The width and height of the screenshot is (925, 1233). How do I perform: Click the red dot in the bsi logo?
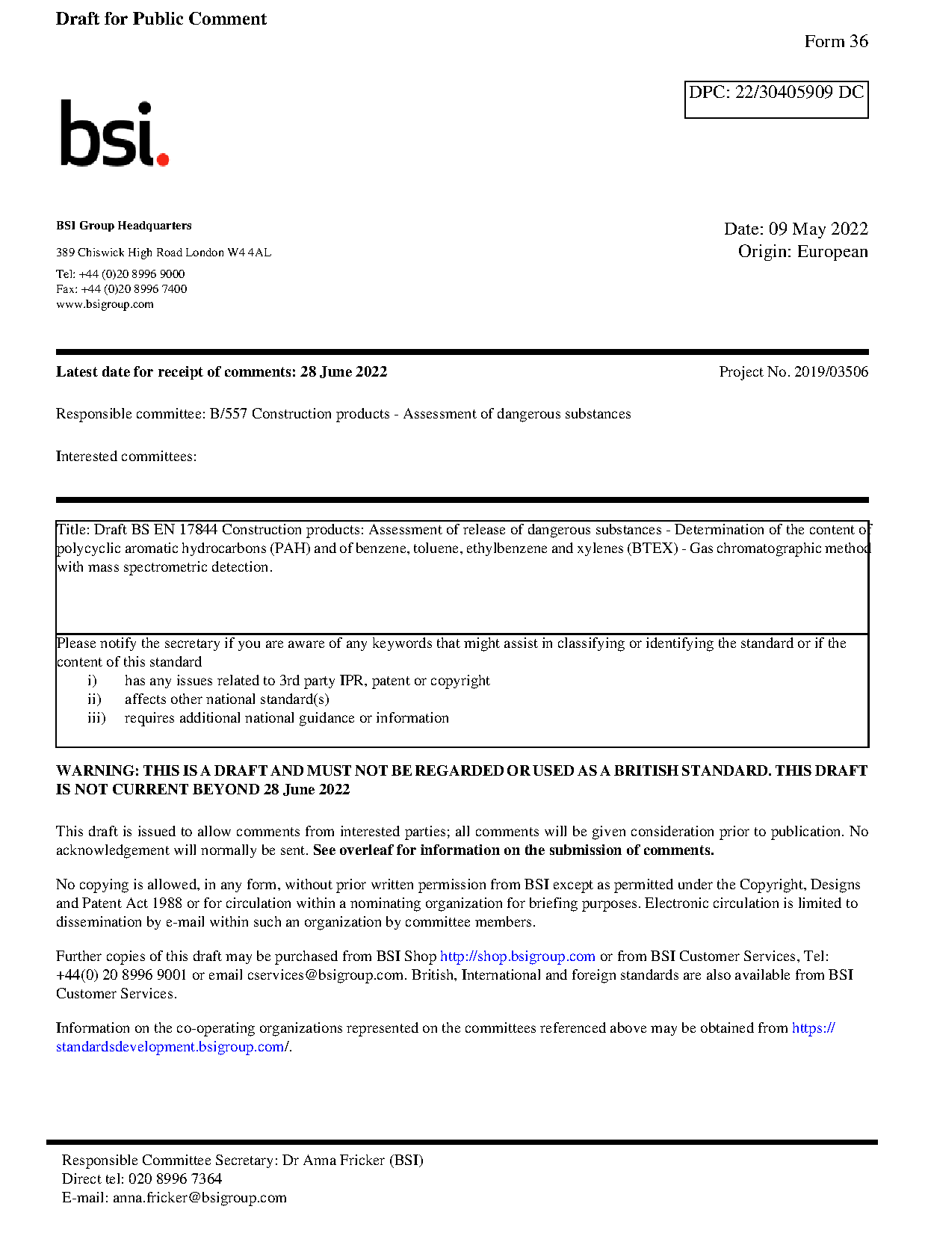[163, 158]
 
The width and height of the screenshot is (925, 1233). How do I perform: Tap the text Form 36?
[835, 42]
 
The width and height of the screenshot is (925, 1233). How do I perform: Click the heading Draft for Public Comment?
[161, 19]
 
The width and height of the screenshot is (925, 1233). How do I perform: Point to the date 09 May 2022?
[818, 229]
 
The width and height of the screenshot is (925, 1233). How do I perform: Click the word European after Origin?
[832, 251]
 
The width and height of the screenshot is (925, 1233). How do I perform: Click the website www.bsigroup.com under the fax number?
[105, 304]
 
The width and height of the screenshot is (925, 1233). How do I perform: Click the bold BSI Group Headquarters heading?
[123, 226]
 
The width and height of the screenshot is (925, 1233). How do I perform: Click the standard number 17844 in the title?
[198, 530]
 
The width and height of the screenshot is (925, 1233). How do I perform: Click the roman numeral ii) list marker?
[94, 699]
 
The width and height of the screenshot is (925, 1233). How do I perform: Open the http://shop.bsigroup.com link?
[517, 957]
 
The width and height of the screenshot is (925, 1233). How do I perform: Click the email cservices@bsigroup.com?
[326, 975]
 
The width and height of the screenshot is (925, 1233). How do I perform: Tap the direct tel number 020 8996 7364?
[175, 1179]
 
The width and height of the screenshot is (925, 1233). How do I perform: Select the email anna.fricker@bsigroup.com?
[199, 1198]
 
